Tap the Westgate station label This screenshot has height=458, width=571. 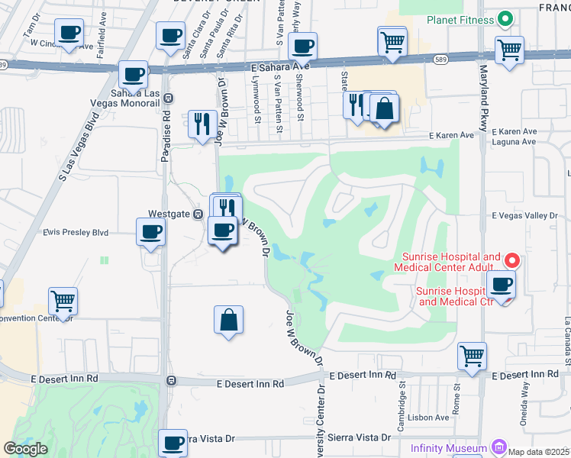[169, 215]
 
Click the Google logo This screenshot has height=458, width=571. [25, 449]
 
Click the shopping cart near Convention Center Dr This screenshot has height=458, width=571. [63, 301]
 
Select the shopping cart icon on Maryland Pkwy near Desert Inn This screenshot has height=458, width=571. [472, 355]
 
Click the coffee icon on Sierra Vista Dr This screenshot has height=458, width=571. [173, 442]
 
